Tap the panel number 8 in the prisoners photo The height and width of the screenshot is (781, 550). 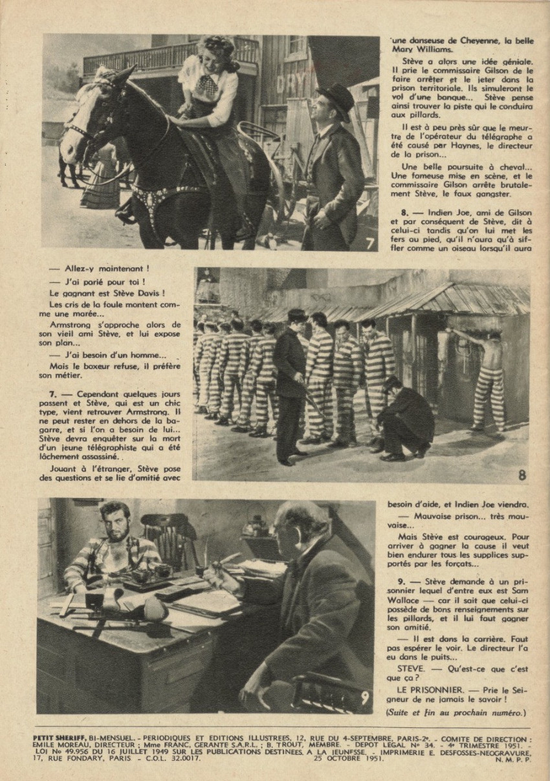tap(522, 475)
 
